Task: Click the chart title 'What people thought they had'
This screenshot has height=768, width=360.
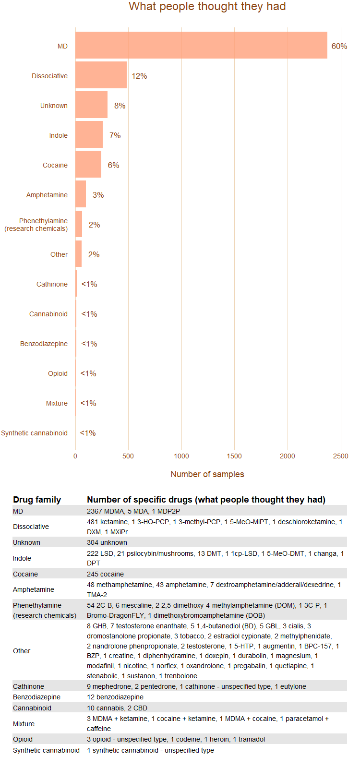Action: pyautogui.click(x=207, y=7)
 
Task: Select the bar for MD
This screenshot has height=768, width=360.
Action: pyautogui.click(x=201, y=46)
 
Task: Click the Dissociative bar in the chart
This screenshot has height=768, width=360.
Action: pyautogui.click(x=101, y=75)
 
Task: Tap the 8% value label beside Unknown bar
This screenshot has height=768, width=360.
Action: pyautogui.click(x=120, y=106)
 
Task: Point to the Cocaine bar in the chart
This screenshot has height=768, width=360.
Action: pyautogui.click(x=88, y=165)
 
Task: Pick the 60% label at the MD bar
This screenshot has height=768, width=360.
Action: pyautogui.click(x=339, y=46)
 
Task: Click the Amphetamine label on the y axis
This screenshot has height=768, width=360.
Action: pyautogui.click(x=47, y=195)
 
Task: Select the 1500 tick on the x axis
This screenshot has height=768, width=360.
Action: pyautogui.click(x=234, y=456)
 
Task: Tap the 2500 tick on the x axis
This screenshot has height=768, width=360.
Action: pyautogui.click(x=340, y=456)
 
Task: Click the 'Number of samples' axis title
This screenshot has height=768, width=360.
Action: pyautogui.click(x=207, y=474)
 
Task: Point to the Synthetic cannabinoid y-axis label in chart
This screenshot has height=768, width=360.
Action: pyautogui.click(x=34, y=433)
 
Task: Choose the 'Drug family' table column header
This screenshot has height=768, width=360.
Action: pyautogui.click(x=37, y=500)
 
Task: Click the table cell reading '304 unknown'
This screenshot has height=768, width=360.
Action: pyautogui.click(x=107, y=542)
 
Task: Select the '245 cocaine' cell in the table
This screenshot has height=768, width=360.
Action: pyautogui.click(x=105, y=574)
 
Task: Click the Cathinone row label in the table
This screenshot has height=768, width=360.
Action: pyautogui.click(x=28, y=686)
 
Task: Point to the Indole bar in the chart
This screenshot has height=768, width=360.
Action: pyautogui.click(x=89, y=135)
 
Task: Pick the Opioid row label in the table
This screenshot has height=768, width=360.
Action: pyautogui.click(x=23, y=739)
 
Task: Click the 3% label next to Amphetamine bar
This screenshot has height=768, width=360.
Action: pyautogui.click(x=98, y=195)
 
